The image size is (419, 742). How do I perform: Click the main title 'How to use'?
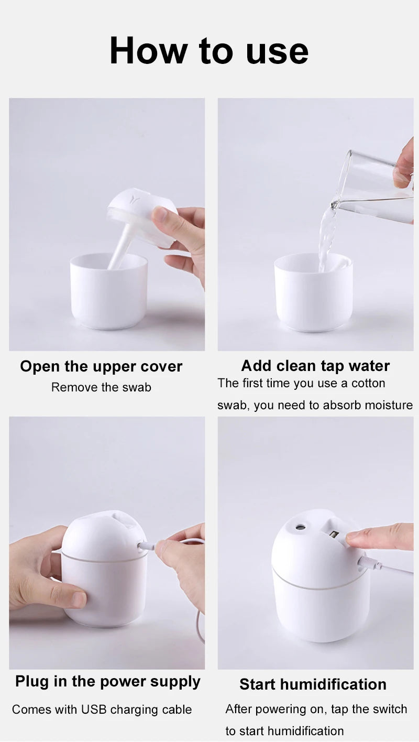(209, 51)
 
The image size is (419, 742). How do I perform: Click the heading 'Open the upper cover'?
(101, 366)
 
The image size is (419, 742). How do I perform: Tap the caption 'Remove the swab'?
(101, 387)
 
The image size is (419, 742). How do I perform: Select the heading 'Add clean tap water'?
(315, 366)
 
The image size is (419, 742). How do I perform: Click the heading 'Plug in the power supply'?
(107, 681)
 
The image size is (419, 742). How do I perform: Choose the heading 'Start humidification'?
(313, 684)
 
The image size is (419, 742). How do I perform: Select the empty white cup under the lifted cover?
(108, 293)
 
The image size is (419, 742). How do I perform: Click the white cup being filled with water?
(313, 296)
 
